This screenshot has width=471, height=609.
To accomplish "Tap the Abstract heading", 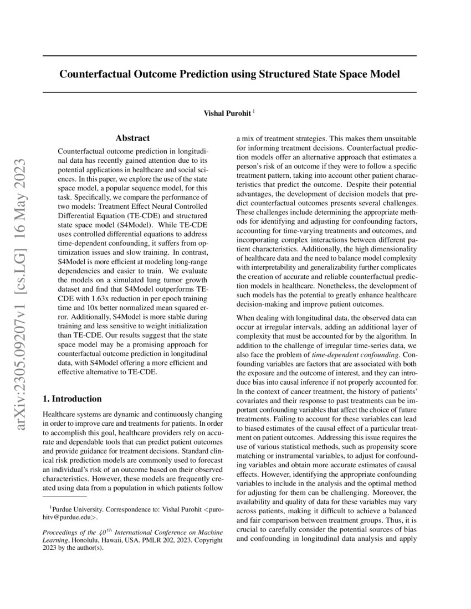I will [x=132, y=138].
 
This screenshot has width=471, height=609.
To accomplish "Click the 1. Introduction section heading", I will [x=72, y=399].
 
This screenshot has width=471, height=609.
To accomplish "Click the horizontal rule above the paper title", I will [x=229, y=56].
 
